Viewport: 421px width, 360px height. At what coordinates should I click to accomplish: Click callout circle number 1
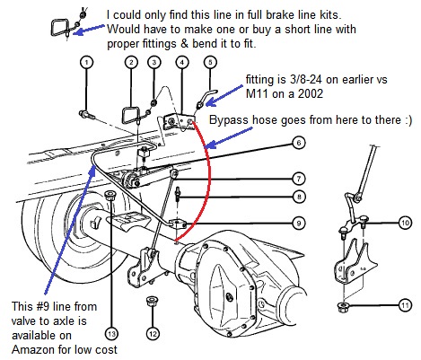(86, 62)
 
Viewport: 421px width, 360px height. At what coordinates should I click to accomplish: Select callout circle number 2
(131, 62)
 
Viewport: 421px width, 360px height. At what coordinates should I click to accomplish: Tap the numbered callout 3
(154, 62)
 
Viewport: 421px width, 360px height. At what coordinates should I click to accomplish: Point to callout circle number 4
(182, 62)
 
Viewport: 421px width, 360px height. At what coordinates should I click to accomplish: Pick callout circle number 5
(210, 62)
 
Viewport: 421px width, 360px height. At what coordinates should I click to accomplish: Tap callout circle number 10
(405, 222)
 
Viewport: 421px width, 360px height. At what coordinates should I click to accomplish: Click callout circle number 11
(405, 306)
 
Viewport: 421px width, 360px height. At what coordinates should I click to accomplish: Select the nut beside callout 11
(344, 307)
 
